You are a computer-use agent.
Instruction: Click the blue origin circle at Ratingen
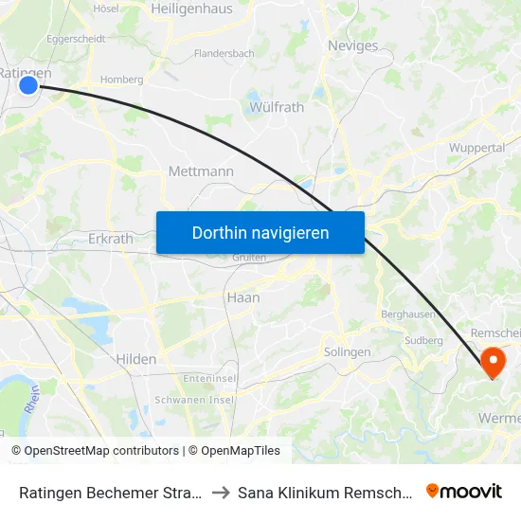(28, 85)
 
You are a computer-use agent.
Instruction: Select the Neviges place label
(351, 45)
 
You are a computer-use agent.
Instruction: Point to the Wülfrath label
(277, 107)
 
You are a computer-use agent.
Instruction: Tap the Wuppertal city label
(476, 148)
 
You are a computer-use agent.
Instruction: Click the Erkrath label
(110, 239)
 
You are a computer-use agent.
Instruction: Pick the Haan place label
(243, 296)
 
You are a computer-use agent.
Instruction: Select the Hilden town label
(135, 359)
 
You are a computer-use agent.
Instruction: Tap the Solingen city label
(348, 351)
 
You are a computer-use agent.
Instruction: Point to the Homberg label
(122, 80)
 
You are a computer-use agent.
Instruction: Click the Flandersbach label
(224, 54)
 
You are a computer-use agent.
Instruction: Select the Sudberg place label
(423, 340)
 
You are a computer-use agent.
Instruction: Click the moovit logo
(464, 491)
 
